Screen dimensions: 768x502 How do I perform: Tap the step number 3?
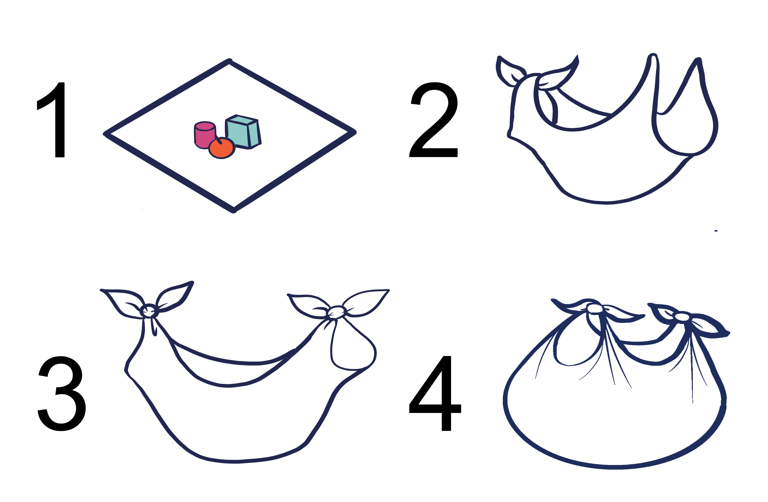(61, 394)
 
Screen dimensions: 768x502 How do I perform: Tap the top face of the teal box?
(242, 120)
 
